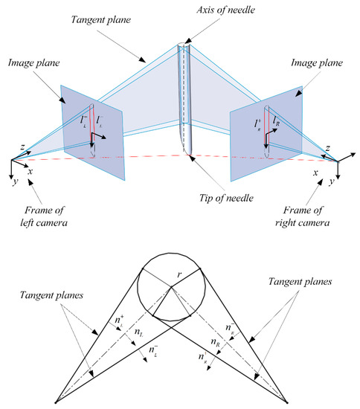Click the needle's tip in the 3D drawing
(189, 155)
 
